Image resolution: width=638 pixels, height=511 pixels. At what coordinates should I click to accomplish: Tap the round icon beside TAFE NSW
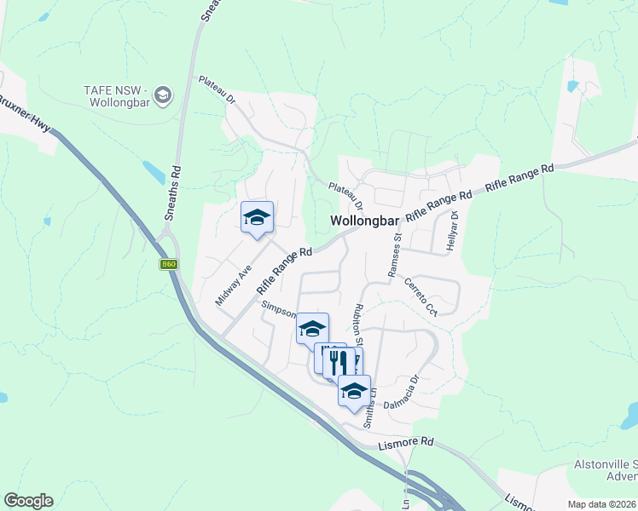[164, 93]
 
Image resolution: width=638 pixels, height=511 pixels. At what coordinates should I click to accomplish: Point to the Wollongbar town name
[365, 221]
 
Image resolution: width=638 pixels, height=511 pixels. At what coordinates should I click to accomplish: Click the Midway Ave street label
[233, 284]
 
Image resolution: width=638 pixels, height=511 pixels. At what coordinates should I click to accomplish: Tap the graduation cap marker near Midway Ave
[257, 217]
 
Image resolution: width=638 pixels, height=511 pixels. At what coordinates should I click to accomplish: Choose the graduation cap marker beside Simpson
[312, 328]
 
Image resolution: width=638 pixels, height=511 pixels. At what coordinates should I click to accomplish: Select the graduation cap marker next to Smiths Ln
[354, 390]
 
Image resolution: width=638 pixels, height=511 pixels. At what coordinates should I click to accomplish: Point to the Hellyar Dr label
[453, 232]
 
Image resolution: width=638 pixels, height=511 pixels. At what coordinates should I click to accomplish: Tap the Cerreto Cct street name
[420, 297]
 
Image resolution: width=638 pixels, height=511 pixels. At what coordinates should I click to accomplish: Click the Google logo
[28, 501]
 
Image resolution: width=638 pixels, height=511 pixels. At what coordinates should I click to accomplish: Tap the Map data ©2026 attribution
[600, 504]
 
